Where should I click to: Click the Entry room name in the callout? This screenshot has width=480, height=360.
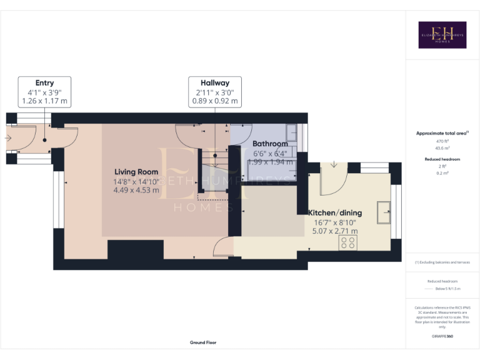44,83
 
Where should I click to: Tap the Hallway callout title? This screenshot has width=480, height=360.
214,83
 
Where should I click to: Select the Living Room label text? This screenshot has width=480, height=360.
136,172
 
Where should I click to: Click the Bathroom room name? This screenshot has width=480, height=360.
270,144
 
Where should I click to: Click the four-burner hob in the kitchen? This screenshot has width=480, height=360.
348,242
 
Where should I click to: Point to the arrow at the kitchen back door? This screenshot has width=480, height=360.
334,165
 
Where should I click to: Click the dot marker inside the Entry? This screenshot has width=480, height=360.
45,141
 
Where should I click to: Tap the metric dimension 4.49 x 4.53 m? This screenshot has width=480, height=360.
136,190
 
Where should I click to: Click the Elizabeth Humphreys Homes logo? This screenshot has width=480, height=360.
442,35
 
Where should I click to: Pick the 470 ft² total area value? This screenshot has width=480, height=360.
442,142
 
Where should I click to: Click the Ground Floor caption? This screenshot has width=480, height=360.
202,342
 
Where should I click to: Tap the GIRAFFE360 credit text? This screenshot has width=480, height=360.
442,336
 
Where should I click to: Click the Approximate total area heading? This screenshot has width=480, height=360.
442,133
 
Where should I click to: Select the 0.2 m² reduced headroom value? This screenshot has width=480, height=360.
442,173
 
